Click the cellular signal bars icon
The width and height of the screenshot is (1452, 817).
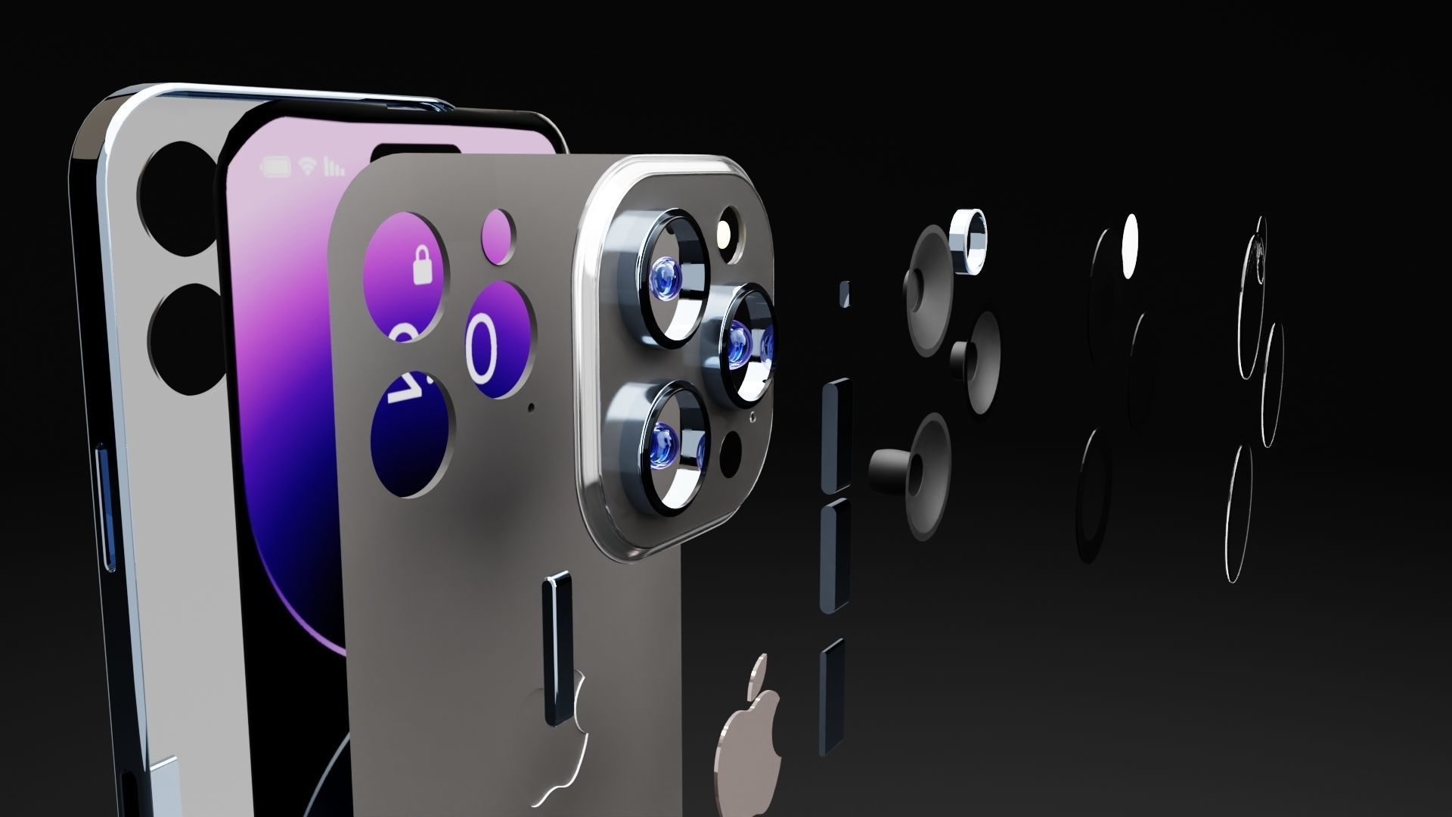coord(334,166)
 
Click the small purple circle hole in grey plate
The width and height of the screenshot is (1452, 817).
coord(498,227)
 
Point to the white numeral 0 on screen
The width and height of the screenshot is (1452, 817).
coord(484,348)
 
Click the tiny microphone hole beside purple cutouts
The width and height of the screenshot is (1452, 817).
coord(530,408)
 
